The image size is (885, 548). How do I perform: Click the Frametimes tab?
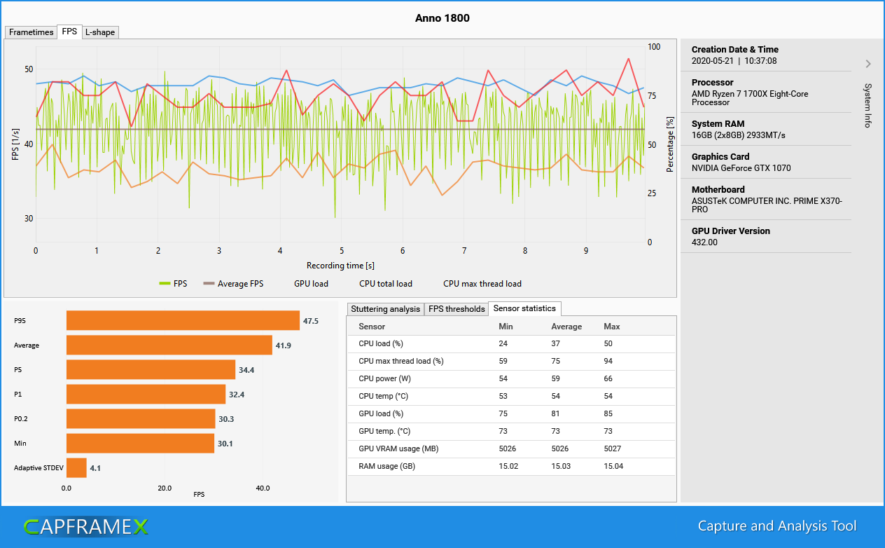tap(31, 32)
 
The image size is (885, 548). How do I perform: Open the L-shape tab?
tap(100, 32)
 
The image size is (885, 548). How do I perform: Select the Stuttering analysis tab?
tap(385, 309)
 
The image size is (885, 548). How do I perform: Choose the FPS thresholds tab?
tap(457, 309)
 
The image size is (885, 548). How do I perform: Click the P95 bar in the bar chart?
tap(183, 321)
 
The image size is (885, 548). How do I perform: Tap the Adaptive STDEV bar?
tap(76, 468)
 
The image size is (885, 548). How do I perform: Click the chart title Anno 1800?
tap(442, 18)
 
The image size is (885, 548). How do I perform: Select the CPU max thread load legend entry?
tap(482, 284)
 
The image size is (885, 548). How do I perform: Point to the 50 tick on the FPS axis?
tap(29, 69)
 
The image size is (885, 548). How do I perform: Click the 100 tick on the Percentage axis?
tap(654, 47)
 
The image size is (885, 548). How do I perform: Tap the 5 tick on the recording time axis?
tap(342, 251)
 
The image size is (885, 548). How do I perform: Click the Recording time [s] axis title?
tap(340, 266)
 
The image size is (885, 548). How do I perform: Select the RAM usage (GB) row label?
tap(386, 467)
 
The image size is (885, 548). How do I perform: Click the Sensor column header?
tap(372, 327)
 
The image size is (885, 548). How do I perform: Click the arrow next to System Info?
tap(868, 64)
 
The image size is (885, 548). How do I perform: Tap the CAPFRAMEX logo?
tap(85, 527)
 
